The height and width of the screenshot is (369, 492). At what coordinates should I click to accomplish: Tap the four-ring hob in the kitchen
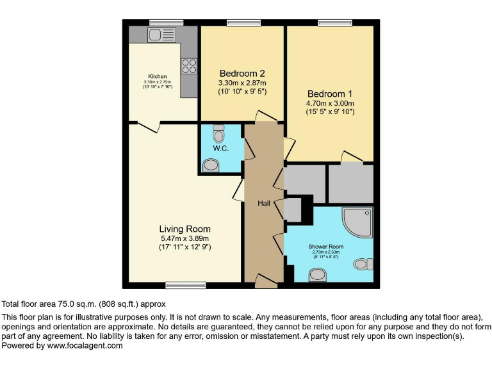[188, 66]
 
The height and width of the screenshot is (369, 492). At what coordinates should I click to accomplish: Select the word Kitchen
[158, 77]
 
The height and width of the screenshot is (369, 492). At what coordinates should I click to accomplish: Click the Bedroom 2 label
[242, 73]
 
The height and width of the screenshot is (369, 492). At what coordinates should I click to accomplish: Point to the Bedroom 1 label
[330, 92]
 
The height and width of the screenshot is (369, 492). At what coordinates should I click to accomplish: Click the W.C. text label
[221, 149]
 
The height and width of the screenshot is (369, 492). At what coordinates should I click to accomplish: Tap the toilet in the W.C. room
[218, 134]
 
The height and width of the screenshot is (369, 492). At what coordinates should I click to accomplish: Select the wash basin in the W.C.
[210, 166]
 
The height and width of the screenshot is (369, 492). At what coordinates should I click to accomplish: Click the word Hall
[263, 203]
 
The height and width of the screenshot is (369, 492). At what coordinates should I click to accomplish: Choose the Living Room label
[184, 229]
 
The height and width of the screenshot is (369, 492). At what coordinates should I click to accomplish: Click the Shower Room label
[326, 246]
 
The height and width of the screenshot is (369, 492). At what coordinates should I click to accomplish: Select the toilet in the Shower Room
[364, 263]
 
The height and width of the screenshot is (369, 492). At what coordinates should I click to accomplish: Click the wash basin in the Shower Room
[317, 275]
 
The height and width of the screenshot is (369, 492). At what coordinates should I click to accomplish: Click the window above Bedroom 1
[335, 23]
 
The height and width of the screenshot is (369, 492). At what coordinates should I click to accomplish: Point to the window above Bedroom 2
[243, 23]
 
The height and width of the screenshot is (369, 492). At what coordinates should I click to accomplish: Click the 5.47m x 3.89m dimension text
[184, 238]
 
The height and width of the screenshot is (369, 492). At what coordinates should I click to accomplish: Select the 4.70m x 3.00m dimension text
[330, 102]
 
